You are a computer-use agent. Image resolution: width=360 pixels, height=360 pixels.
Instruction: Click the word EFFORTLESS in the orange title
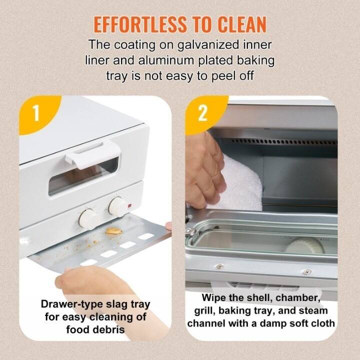[136, 24]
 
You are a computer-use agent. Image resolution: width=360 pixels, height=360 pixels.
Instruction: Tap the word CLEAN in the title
[238, 24]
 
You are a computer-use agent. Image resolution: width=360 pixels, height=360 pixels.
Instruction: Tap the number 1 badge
[35, 113]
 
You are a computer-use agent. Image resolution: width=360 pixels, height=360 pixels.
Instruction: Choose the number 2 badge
[202, 113]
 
